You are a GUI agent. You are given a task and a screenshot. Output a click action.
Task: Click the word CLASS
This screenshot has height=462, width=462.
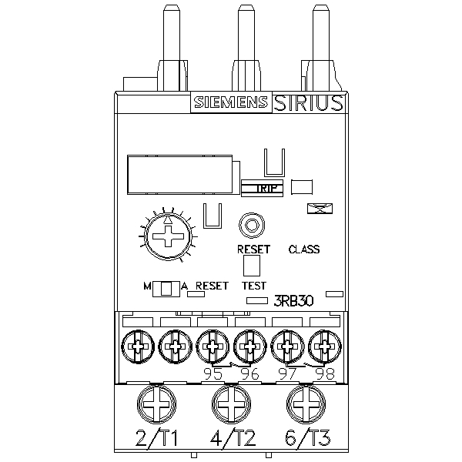(303, 249)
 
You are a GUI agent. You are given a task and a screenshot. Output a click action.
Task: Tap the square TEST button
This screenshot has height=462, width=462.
(252, 266)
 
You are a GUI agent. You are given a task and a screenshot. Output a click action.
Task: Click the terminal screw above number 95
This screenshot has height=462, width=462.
(213, 346)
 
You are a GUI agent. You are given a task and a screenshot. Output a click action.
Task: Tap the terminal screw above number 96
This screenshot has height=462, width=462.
(249, 346)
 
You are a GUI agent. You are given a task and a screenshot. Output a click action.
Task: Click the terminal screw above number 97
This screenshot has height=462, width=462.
(287, 346)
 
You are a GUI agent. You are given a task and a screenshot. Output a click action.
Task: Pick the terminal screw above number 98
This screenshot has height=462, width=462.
(324, 346)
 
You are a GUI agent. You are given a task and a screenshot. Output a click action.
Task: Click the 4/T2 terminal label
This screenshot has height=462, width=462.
(232, 440)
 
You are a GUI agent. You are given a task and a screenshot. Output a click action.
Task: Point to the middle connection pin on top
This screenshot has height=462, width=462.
(246, 38)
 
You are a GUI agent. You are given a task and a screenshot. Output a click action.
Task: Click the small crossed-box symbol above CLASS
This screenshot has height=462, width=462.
(316, 209)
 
